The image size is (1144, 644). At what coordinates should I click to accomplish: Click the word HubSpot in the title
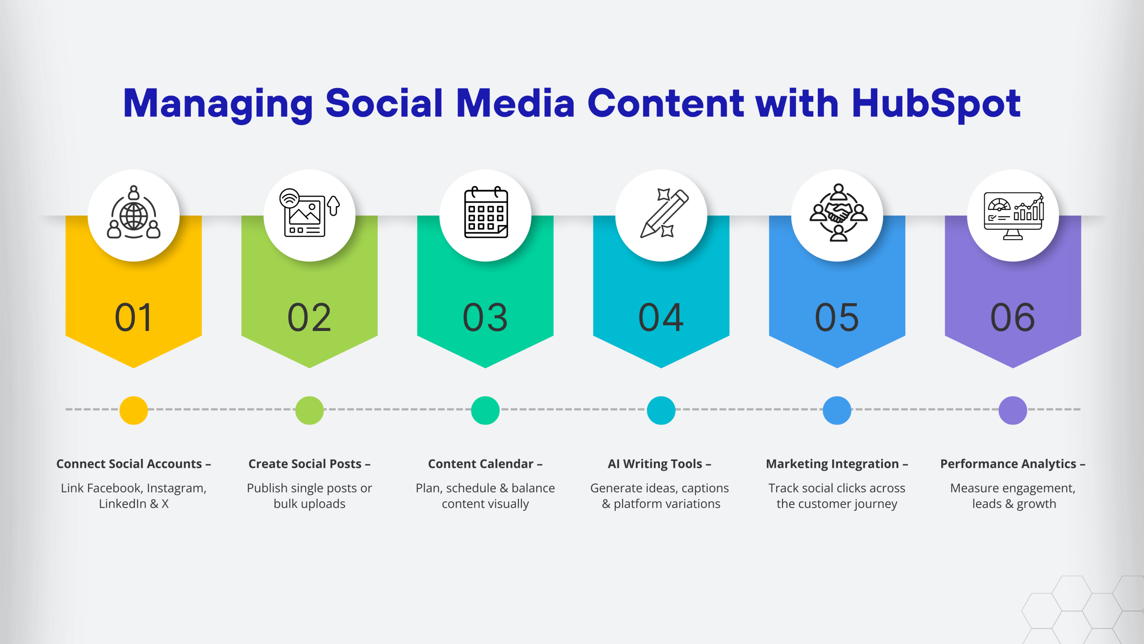point(936,104)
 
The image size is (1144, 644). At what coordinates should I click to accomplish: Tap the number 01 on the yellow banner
point(134,318)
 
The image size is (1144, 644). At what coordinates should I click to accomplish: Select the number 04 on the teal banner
point(661,318)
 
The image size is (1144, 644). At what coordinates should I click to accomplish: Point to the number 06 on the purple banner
point(1013,318)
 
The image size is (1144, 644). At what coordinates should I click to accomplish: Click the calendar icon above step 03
point(486,212)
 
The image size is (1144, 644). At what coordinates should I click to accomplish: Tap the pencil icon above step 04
point(664,214)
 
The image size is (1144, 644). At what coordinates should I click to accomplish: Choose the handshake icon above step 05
point(838,212)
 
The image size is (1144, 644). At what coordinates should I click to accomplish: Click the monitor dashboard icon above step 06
point(1014,216)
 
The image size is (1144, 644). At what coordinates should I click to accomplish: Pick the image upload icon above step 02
point(309,213)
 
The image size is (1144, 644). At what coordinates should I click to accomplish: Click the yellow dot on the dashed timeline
point(134,410)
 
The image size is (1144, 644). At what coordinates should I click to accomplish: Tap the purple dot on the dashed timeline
point(1013,410)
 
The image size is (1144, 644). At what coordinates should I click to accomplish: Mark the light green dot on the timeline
point(309,410)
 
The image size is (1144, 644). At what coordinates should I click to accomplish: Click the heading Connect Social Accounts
point(129,464)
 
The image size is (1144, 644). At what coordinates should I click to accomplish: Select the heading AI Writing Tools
point(655,464)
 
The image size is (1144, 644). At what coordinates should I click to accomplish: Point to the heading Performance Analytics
point(1008,464)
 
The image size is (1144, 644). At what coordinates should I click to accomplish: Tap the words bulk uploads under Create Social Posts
point(309,504)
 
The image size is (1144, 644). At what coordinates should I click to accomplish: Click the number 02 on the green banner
point(309,318)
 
